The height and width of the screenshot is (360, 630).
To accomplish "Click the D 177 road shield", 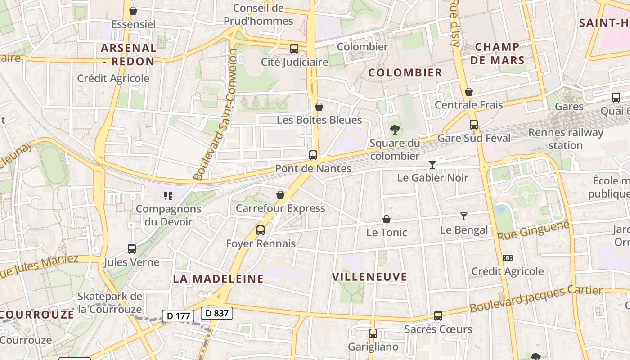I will pos(178,316).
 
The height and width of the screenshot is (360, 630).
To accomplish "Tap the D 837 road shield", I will pos(217,313).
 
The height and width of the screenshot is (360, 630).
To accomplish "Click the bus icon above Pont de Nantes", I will pos(313,155).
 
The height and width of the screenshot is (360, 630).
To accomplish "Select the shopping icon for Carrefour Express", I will pos(280,195).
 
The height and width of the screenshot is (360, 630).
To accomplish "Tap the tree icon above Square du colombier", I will pos(395,130).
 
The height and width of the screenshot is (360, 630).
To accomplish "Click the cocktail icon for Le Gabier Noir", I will pos(432,165).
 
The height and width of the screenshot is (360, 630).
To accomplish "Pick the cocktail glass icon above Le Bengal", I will pos(464,216).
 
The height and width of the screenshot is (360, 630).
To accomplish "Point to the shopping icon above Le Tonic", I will pos(386,219).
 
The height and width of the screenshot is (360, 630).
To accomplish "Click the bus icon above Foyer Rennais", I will pos(260,230).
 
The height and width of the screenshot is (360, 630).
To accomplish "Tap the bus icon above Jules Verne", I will pos(132,248).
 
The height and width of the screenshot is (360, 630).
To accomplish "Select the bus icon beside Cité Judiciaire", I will pos(294,48).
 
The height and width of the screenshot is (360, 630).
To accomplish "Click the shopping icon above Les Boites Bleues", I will pos(319,107).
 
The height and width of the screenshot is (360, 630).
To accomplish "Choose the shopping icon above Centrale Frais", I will pos(469,92).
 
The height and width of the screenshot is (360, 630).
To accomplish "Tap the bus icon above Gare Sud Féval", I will pos(474,125).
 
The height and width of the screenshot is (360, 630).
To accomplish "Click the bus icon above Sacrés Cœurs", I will pos(438,316).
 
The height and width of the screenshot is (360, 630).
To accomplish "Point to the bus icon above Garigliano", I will pos(373,333).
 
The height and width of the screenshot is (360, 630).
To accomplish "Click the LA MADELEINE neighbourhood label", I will pos(218,279).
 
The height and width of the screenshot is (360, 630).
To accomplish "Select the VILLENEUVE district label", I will pos(369,277).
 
